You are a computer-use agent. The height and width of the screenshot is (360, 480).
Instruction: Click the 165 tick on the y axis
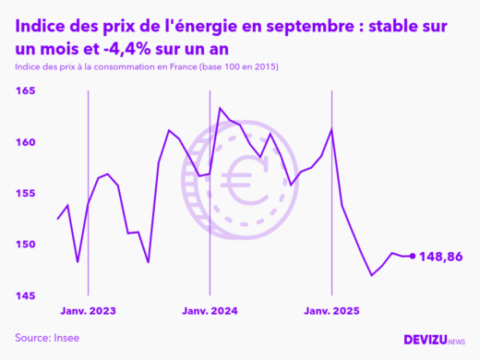25,91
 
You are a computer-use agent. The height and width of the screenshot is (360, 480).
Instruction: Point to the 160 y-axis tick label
25,142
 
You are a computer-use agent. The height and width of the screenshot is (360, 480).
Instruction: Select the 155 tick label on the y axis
25,193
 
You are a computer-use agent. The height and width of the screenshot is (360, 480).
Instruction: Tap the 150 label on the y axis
25,245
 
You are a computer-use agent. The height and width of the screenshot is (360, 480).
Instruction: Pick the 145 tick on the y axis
25,295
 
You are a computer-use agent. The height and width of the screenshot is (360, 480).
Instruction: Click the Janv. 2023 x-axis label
88,311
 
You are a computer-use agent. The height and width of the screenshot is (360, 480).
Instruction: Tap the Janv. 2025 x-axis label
331,311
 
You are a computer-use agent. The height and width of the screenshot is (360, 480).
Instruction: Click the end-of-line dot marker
412,256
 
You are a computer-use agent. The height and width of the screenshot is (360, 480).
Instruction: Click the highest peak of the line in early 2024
220,108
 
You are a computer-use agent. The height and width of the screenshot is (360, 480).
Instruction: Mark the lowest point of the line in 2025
372,275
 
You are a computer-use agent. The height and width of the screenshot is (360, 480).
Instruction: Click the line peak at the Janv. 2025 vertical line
331,128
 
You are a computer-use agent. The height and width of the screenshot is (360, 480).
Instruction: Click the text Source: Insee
47,338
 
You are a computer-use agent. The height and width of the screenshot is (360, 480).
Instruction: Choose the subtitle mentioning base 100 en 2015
147,68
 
